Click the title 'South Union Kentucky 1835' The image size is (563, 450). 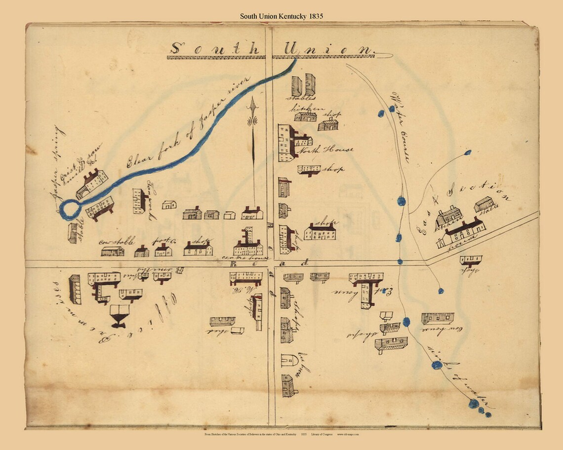click(281, 16)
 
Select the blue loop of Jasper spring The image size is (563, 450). click(70, 209)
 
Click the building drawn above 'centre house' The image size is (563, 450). click(248, 243)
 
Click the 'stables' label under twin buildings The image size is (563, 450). click(301, 98)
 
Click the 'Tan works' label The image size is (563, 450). click(151, 200)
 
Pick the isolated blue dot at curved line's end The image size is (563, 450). click(468, 152)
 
